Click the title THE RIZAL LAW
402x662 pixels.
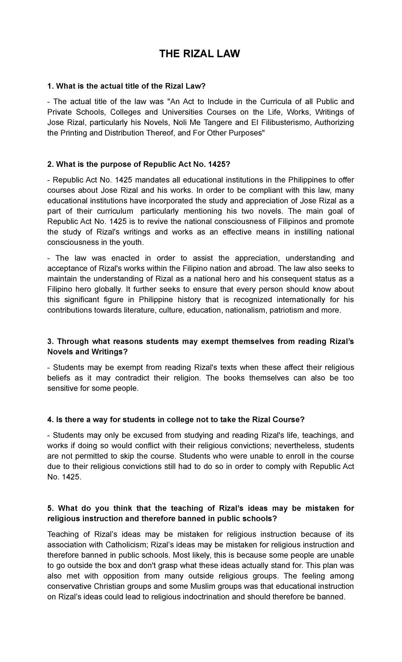pyautogui.click(x=200, y=54)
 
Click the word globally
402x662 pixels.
pyautogui.click(x=108, y=289)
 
